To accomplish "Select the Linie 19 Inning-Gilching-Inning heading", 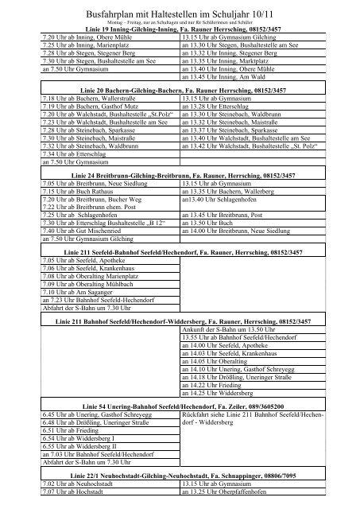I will [180, 29].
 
